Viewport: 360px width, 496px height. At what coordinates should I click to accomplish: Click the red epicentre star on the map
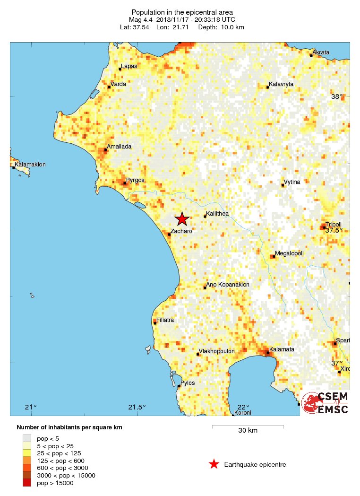pyautogui.click(x=182, y=219)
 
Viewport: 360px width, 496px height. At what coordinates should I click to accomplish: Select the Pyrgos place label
pyautogui.click(x=135, y=180)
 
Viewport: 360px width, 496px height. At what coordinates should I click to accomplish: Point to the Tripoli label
pyautogui.click(x=334, y=224)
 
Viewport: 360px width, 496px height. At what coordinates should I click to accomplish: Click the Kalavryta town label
pyautogui.click(x=281, y=84)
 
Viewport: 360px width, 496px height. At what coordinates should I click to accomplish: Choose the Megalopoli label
pyautogui.click(x=290, y=253)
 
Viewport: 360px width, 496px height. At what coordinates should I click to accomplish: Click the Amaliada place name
pyautogui.click(x=119, y=147)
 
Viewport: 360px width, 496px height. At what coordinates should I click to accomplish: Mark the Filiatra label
pyautogui.click(x=165, y=320)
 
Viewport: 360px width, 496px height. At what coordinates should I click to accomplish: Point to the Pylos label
pyautogui.click(x=188, y=383)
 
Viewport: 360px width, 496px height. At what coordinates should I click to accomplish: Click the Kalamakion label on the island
pyautogui.click(x=30, y=165)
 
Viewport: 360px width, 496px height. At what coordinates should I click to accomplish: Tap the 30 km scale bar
pyautogui.click(x=248, y=426)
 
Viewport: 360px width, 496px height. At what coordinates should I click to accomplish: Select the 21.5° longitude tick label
pyautogui.click(x=137, y=408)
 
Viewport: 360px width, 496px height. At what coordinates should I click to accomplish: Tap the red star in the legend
pyautogui.click(x=214, y=464)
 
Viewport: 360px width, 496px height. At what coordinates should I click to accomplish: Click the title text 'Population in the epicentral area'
pyautogui.click(x=182, y=12)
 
